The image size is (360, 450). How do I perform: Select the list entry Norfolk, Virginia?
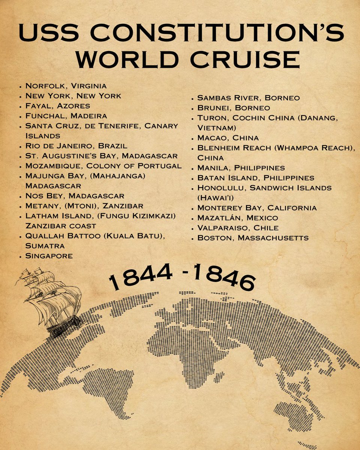pos(66,86)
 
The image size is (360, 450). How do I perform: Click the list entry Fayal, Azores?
pos(58,106)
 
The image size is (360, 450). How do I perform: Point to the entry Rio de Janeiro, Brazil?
pos(76,146)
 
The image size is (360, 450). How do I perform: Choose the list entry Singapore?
pos(49,256)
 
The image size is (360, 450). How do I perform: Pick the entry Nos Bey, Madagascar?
pos(75,196)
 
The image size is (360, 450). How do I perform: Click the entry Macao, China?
pos(228,138)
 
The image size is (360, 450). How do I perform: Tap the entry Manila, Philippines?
pos(241,168)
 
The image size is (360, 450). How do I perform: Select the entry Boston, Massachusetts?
pos(253,238)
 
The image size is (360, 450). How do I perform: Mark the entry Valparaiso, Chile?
pos(238,228)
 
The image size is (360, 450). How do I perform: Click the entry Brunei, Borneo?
pos(234,108)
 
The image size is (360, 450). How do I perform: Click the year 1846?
pos(223,278)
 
